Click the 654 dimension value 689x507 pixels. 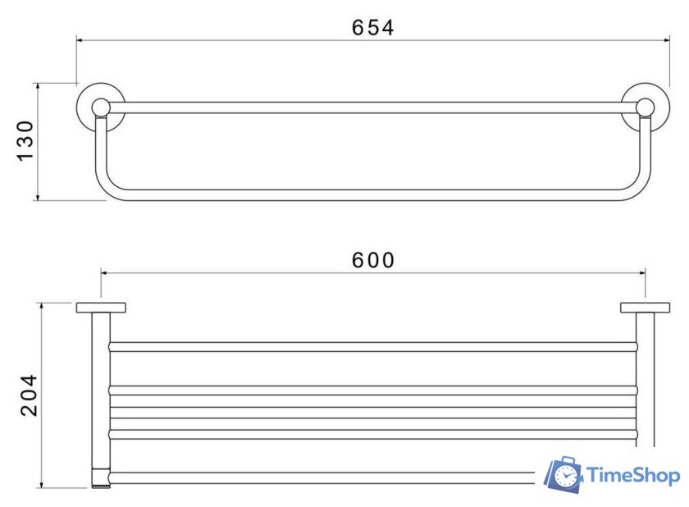(373, 27)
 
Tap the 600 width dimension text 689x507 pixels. (373, 260)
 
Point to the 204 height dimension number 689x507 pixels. (30, 395)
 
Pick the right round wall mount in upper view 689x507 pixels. (645, 107)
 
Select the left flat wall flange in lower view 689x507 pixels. (101, 308)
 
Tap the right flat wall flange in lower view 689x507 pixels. (645, 308)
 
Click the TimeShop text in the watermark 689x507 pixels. (632, 476)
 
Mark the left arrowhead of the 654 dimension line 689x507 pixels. (80, 38)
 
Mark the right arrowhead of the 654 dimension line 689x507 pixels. (668, 38)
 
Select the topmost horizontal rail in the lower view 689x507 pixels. (373, 346)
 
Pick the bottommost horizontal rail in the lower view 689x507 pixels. (328, 476)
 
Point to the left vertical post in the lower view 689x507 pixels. (101, 394)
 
